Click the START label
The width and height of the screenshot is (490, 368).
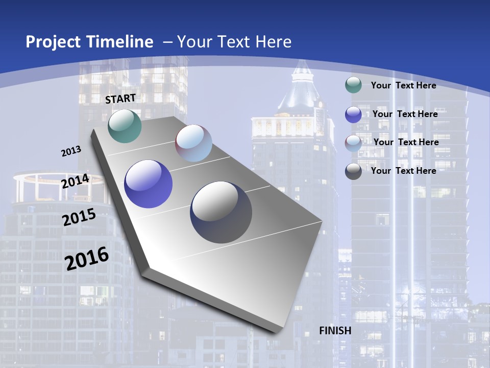point(120,99)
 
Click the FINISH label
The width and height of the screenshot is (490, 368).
point(335,331)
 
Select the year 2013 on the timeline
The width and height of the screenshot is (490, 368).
point(71,151)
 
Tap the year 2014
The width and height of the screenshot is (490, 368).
point(76,181)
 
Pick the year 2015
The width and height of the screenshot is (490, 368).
point(79,218)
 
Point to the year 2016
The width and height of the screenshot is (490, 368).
point(87,259)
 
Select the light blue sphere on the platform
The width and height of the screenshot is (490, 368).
point(193,143)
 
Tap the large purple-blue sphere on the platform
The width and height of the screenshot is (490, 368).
point(148,184)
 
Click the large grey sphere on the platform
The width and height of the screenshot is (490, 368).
point(221,212)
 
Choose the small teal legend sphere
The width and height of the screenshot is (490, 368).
point(353,85)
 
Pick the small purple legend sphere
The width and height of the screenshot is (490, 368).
point(353,114)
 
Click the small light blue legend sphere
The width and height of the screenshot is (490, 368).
point(353,143)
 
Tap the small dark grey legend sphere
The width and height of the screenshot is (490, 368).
point(353,171)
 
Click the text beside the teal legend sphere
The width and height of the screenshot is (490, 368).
point(403,85)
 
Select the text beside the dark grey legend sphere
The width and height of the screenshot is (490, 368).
point(403,171)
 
